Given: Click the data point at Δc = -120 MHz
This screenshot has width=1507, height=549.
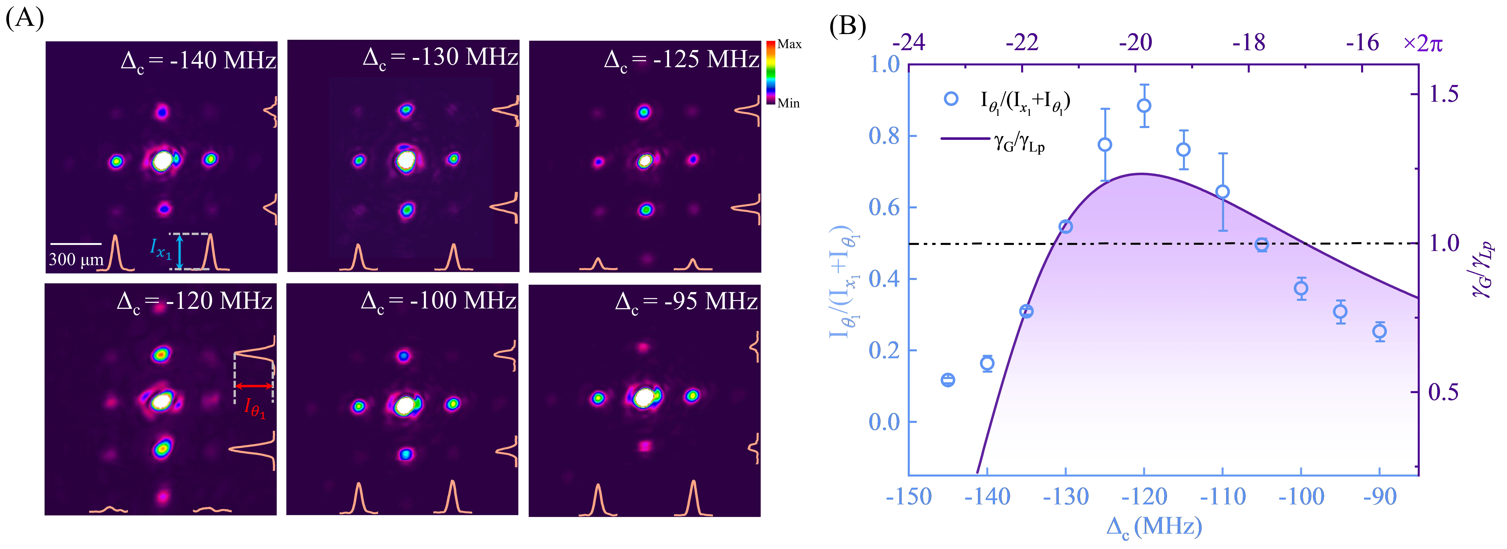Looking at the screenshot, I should coord(1144,106).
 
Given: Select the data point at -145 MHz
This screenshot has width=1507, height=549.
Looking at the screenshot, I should coord(948,380).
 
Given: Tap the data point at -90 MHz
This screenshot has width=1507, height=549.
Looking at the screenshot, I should coord(1379,331).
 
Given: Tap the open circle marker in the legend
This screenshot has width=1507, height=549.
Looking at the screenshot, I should coord(951,99).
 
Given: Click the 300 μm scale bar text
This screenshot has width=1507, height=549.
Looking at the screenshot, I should coord(76,259).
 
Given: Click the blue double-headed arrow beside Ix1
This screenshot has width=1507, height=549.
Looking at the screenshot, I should coord(180,252).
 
